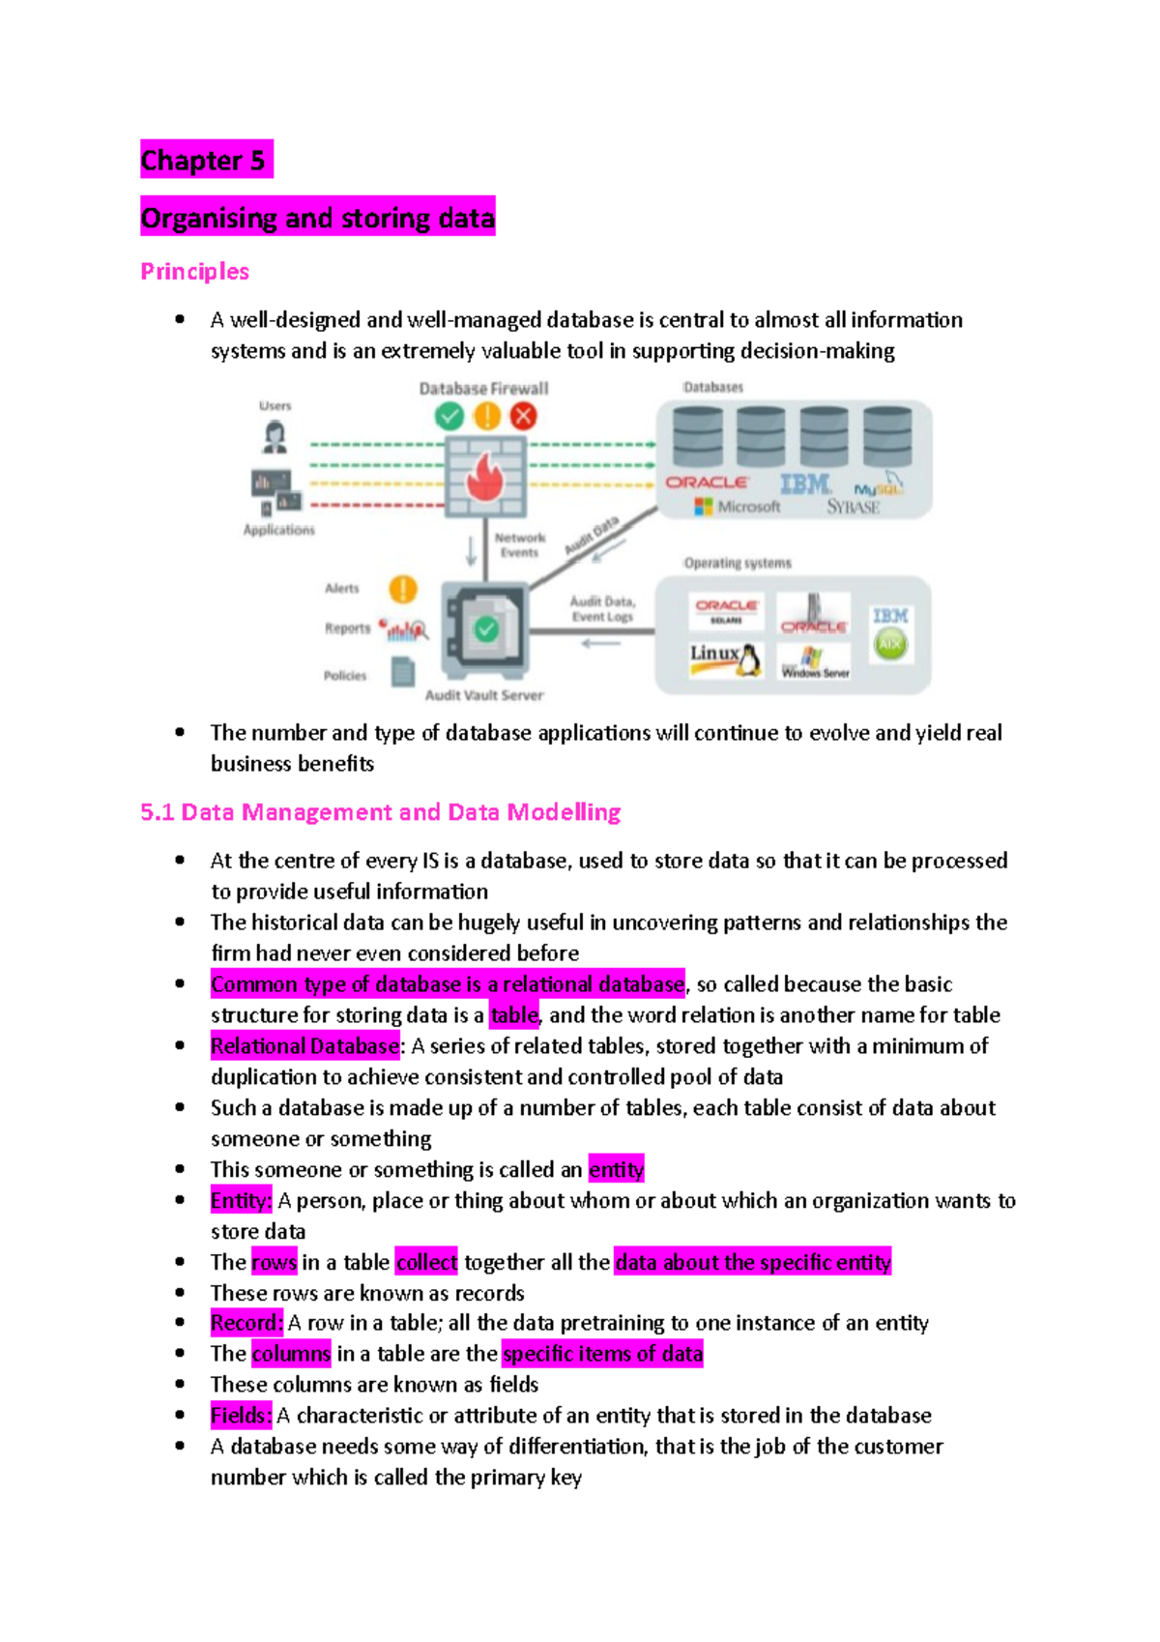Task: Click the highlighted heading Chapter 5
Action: pyautogui.click(x=204, y=160)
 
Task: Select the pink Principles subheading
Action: pyautogui.click(x=194, y=272)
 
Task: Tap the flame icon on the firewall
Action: pyautogui.click(x=484, y=477)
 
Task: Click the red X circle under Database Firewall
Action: pyautogui.click(x=524, y=417)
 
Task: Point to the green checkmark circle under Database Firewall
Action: pyautogui.click(x=449, y=417)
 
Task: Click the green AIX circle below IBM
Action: pyautogui.click(x=890, y=644)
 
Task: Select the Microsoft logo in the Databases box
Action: pyautogui.click(x=704, y=507)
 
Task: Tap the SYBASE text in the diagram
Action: pyautogui.click(x=853, y=507)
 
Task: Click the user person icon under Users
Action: pyautogui.click(x=275, y=437)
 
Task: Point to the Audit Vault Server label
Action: pyautogui.click(x=484, y=695)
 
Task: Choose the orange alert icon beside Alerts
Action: pyautogui.click(x=403, y=588)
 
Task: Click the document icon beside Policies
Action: pyautogui.click(x=403, y=671)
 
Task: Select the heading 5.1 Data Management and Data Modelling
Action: pyautogui.click(x=380, y=812)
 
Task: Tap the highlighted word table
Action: pyautogui.click(x=513, y=1015)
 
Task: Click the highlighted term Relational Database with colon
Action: pyautogui.click(x=305, y=1046)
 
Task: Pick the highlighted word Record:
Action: pyautogui.click(x=246, y=1323)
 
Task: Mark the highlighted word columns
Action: pyautogui.click(x=291, y=1354)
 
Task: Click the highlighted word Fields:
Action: pyautogui.click(x=242, y=1416)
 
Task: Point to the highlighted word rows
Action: pyautogui.click(x=274, y=1263)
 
